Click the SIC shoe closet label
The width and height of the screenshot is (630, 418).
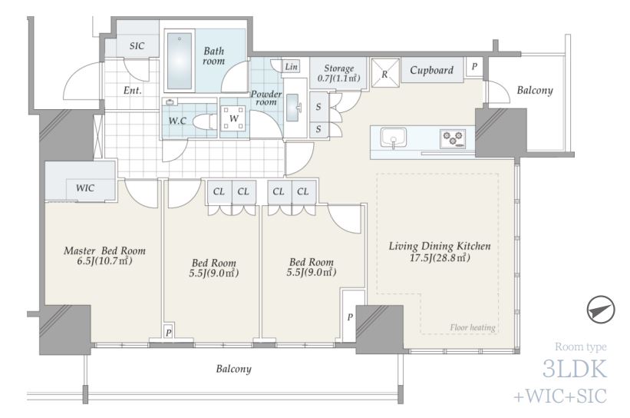tap(137, 46)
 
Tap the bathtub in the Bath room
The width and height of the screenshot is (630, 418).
tap(180, 61)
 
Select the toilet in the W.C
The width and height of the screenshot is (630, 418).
tap(203, 121)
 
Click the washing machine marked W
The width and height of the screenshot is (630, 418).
tap(234, 118)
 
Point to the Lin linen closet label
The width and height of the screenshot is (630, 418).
tap(291, 66)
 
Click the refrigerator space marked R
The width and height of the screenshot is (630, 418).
tap(385, 73)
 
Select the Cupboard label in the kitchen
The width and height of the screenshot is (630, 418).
tap(431, 71)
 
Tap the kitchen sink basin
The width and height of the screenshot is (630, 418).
tap(393, 139)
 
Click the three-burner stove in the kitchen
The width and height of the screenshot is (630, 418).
tap(454, 138)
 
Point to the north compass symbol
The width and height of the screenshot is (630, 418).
tap(601, 310)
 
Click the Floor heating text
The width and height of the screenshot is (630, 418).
tap(473, 327)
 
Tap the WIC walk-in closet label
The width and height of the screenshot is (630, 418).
tap(85, 188)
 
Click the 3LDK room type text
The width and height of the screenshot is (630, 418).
tap(575, 369)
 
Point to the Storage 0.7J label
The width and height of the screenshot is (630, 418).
tap(338, 73)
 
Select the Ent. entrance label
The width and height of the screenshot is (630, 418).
tap(133, 91)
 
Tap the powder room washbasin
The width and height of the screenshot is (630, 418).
tap(293, 107)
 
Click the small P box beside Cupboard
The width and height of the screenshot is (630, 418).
tap(474, 66)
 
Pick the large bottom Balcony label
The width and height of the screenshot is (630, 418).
tap(234, 369)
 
